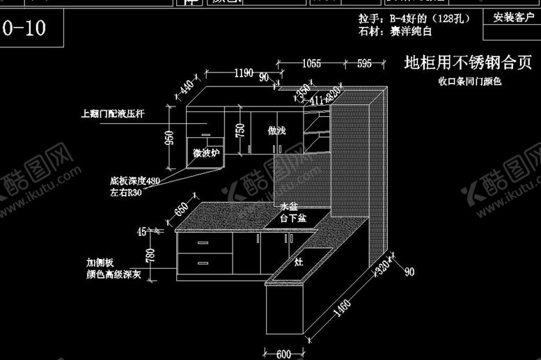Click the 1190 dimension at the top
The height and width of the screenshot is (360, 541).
click(x=243, y=72)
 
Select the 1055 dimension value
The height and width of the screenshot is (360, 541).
click(x=311, y=64)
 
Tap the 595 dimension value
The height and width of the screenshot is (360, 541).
click(x=364, y=64)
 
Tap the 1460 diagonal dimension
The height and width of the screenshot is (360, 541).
click(x=340, y=307)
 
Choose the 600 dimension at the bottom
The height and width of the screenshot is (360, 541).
click(x=283, y=354)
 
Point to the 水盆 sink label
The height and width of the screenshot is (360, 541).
click(x=288, y=208)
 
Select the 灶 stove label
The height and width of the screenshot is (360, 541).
click(x=298, y=263)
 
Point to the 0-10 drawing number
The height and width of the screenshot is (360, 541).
click(x=25, y=29)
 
